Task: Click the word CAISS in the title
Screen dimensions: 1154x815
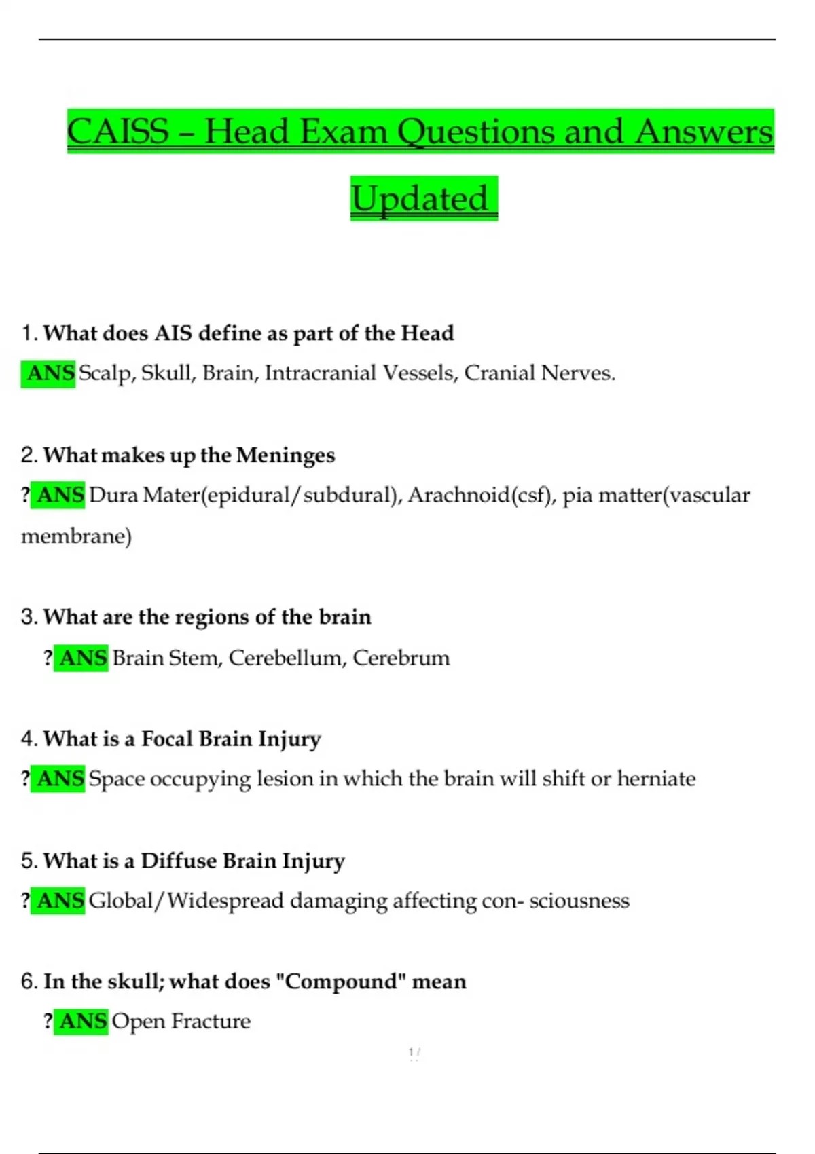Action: [118, 131]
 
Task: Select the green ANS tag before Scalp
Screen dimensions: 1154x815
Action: [50, 373]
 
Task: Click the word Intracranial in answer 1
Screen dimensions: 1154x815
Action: [320, 373]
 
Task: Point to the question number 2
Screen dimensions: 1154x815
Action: [29, 455]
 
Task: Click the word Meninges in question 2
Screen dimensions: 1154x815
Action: [285, 455]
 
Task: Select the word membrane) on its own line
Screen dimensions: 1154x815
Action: [76, 536]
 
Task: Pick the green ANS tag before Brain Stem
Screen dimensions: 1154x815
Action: [82, 658]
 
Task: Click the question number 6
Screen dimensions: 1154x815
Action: [29, 982]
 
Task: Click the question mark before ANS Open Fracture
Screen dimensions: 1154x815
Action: [48, 1021]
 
